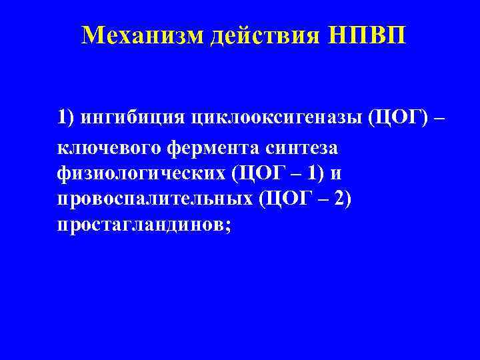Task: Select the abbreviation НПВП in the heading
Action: [360, 35]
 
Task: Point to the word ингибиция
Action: [125, 119]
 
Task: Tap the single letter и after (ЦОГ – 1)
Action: [337, 174]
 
